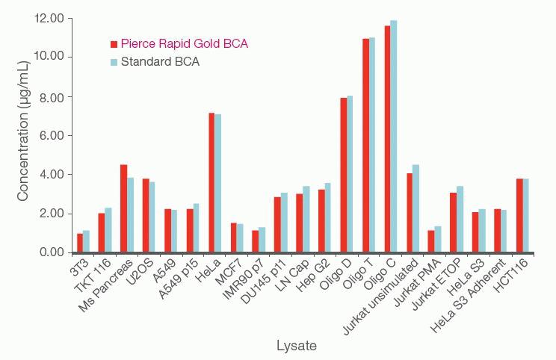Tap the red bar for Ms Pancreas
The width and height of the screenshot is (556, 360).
pyautogui.click(x=124, y=208)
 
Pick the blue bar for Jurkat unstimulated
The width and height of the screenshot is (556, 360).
pyautogui.click(x=416, y=208)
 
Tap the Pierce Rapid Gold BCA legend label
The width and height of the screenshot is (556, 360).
pyautogui.click(x=184, y=44)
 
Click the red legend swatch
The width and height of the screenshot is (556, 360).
pyautogui.click(x=114, y=44)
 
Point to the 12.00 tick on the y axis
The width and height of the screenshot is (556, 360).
pyautogui.click(x=49, y=18)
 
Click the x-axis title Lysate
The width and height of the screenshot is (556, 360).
pyautogui.click(x=297, y=346)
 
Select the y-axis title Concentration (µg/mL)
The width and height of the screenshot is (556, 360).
pyautogui.click(x=23, y=134)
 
